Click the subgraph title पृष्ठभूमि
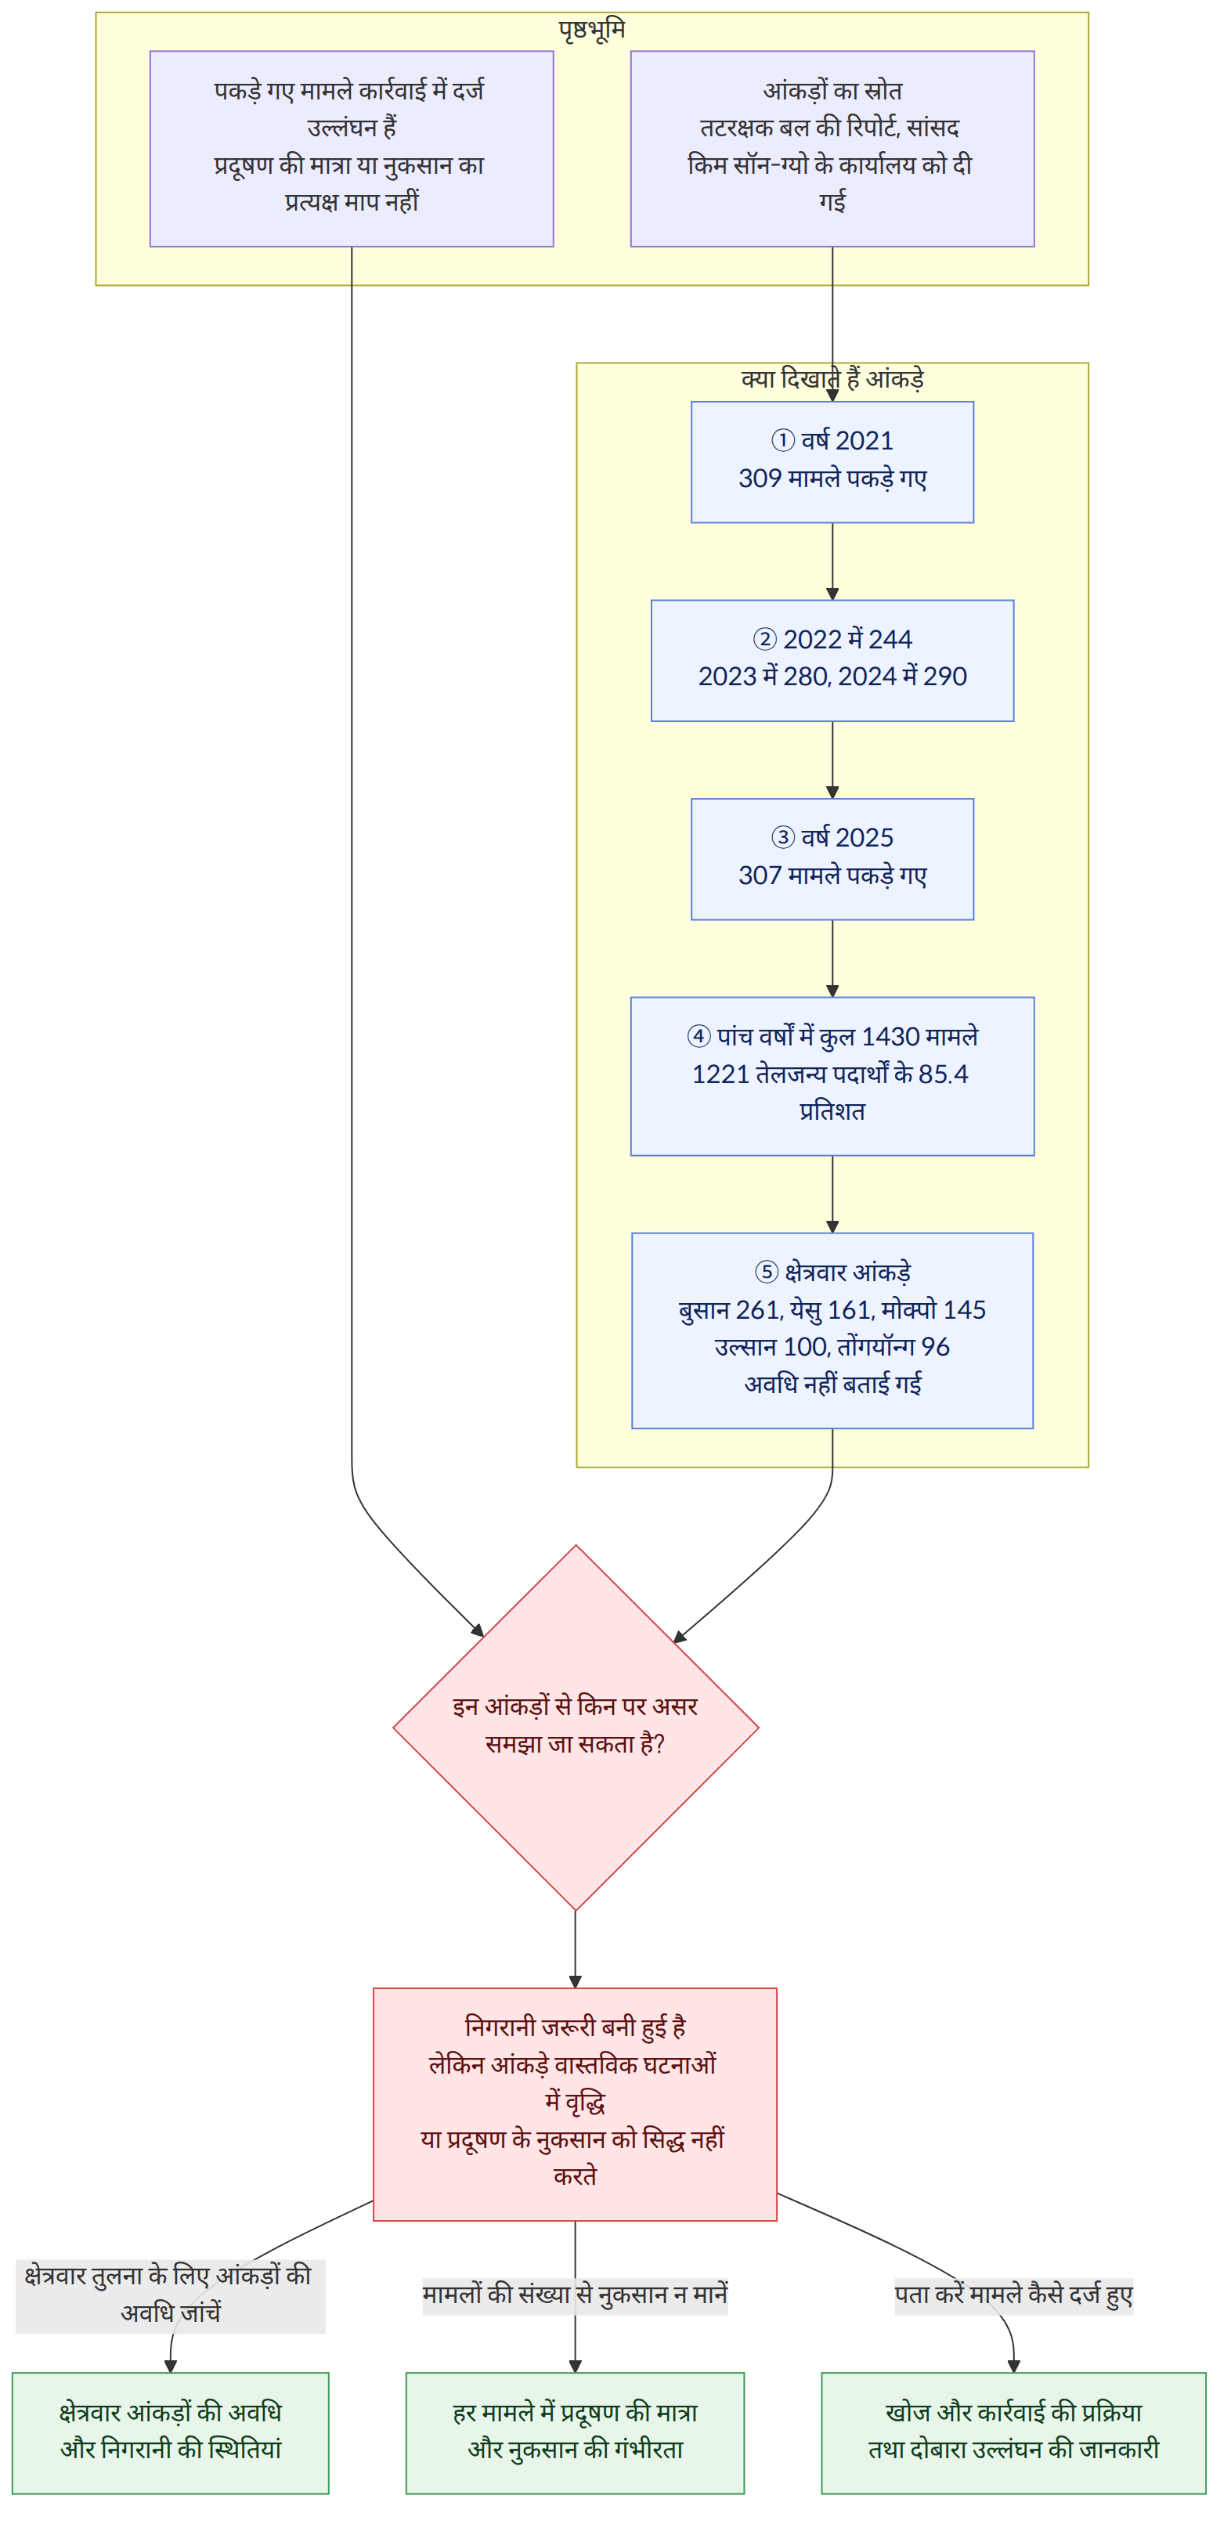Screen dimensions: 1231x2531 [591, 30]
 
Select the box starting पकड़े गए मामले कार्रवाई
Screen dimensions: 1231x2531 [352, 148]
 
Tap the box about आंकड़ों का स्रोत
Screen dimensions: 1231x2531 [832, 148]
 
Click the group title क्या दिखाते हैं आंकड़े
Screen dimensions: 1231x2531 [832, 379]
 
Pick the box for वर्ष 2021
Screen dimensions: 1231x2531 [832, 462]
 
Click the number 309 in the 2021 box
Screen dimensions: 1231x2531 [760, 479]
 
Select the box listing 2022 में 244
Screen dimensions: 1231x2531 [832, 660]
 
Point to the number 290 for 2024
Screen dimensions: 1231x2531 [945, 677]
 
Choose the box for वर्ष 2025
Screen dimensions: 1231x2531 [832, 859]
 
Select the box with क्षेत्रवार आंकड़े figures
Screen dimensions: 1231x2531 [832, 1330]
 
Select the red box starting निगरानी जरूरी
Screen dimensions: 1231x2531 [575, 2104]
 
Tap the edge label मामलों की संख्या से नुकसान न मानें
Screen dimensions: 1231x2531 [575, 2296]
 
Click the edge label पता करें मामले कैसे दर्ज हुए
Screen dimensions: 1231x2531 [1014, 2296]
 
